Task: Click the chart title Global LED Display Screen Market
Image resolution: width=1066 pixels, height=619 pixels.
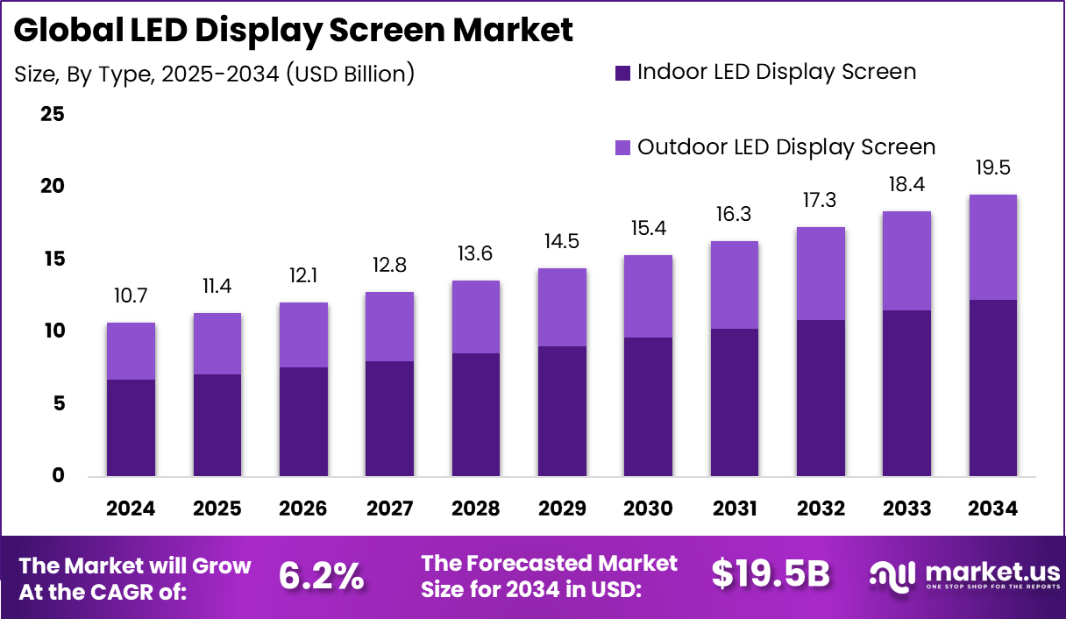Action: point(294,30)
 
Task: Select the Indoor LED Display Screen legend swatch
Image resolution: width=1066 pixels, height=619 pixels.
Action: point(622,73)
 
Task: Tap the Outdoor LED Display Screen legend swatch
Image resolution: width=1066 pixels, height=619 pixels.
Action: point(622,147)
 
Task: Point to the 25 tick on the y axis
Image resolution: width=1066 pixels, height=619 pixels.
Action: point(53,114)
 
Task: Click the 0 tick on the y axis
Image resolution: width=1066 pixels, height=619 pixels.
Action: point(58,476)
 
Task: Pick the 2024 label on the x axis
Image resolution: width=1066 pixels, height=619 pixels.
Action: point(131,509)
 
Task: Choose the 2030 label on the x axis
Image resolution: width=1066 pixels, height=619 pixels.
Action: point(648,509)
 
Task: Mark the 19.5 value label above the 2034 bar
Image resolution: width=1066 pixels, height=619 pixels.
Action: point(993,168)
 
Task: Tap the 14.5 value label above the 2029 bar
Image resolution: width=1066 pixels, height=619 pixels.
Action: point(562,242)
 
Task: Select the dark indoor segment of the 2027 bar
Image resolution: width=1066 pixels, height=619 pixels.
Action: point(389,419)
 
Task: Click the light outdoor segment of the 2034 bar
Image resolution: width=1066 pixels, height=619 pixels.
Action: point(993,247)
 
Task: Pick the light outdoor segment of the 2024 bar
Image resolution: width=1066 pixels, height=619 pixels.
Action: point(131,351)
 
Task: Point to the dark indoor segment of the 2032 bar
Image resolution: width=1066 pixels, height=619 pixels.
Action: point(821,398)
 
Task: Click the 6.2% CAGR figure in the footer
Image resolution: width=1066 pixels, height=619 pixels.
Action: point(321,575)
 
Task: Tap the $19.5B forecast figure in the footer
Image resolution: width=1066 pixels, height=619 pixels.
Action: point(770,573)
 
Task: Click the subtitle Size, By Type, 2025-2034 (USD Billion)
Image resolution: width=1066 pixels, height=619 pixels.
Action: point(214,75)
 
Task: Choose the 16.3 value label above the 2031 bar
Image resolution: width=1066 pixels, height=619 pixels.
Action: point(735,215)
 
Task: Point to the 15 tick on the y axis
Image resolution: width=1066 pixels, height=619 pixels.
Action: point(53,260)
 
